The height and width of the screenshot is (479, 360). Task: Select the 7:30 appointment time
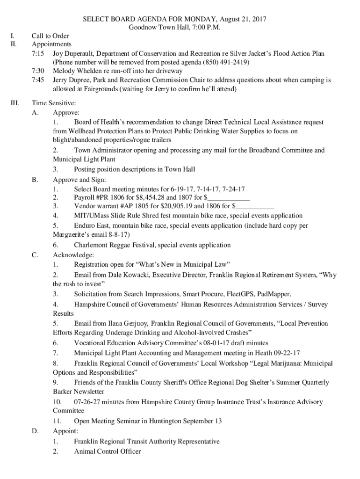coord(38,71)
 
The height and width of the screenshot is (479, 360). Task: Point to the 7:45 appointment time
coord(38,80)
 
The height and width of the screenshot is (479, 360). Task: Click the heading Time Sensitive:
coord(53,103)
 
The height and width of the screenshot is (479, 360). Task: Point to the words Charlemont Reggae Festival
coord(114,245)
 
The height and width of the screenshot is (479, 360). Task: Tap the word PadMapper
coord(274,294)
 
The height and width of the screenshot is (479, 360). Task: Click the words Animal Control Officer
coord(107,451)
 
